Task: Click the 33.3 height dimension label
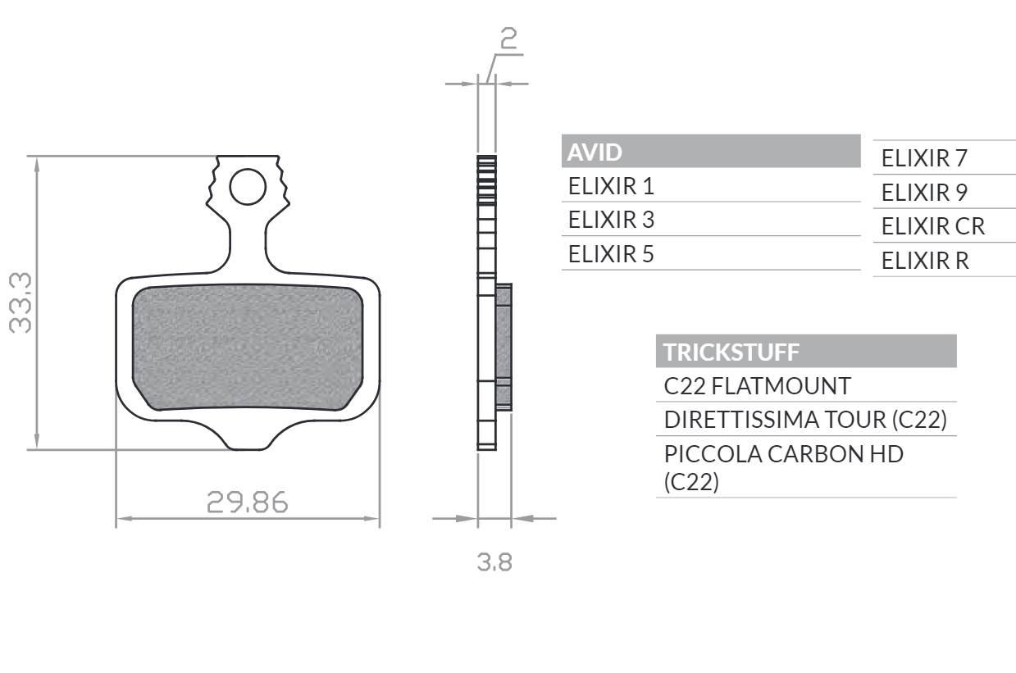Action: (x=20, y=302)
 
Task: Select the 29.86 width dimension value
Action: (x=247, y=502)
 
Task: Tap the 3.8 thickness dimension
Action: (x=494, y=562)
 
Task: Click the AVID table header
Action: (x=595, y=152)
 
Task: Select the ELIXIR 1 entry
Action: (x=611, y=186)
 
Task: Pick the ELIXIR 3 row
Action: (x=611, y=220)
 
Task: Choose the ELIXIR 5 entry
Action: (x=611, y=254)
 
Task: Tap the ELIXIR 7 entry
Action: (x=924, y=158)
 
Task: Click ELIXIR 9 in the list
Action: (x=924, y=193)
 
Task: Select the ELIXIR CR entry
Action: (x=932, y=226)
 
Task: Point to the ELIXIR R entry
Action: (x=924, y=261)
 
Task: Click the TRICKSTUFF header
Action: (x=731, y=352)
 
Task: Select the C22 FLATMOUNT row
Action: (x=757, y=385)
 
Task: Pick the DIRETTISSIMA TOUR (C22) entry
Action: (x=805, y=420)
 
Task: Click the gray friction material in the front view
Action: (x=247, y=348)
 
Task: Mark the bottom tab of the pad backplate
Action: (x=247, y=439)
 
